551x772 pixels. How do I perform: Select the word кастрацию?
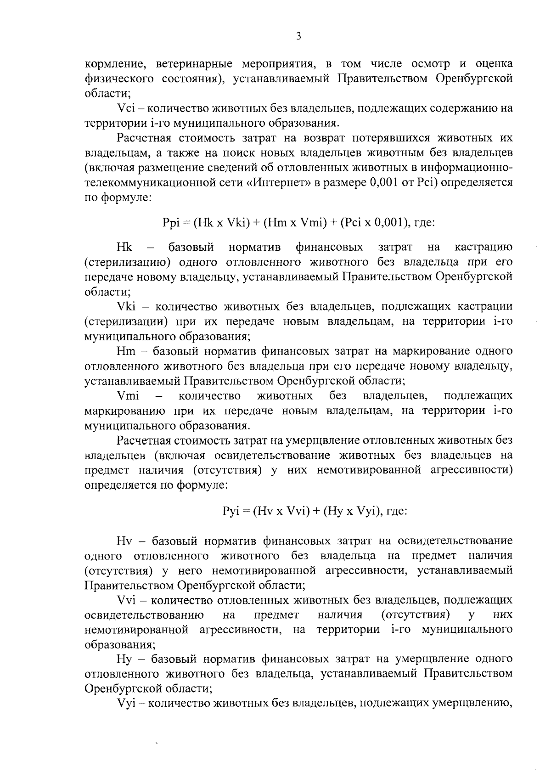tap(483, 248)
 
